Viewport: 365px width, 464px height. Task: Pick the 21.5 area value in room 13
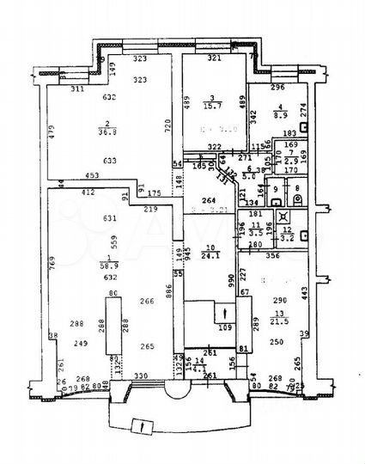(x=279, y=321)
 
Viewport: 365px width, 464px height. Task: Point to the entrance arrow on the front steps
(x=141, y=425)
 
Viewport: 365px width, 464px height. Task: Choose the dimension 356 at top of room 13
(x=271, y=255)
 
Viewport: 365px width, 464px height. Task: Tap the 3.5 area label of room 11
(x=255, y=232)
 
